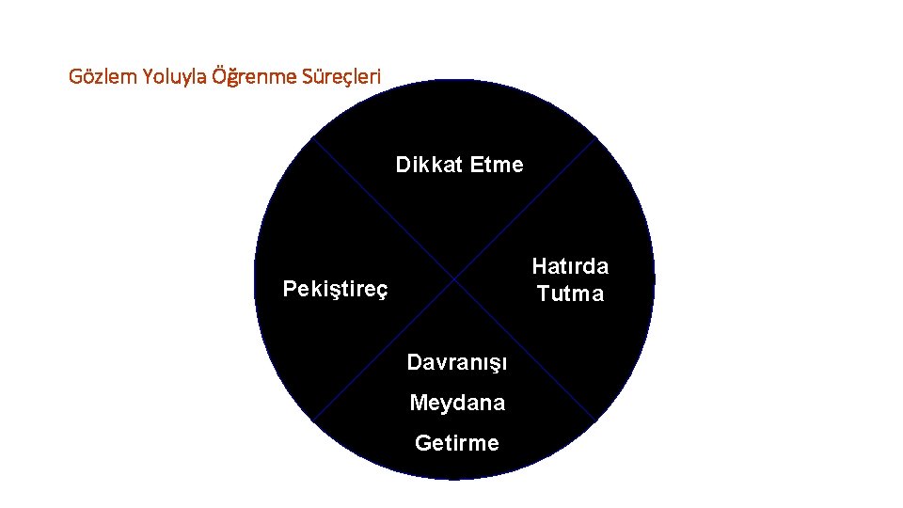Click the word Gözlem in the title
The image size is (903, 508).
[103, 76]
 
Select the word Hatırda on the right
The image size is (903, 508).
[570, 266]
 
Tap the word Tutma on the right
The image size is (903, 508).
[570, 294]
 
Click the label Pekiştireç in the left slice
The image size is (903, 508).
[335, 289]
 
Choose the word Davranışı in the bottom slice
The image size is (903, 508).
[457, 362]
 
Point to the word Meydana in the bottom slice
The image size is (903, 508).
[457, 403]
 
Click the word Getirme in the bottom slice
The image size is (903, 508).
[457, 443]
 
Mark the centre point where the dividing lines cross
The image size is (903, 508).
[454, 279]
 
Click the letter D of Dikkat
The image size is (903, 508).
[403, 166]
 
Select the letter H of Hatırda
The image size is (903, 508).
[539, 266]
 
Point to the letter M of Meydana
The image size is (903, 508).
[418, 403]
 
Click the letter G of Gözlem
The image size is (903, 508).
[75, 76]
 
